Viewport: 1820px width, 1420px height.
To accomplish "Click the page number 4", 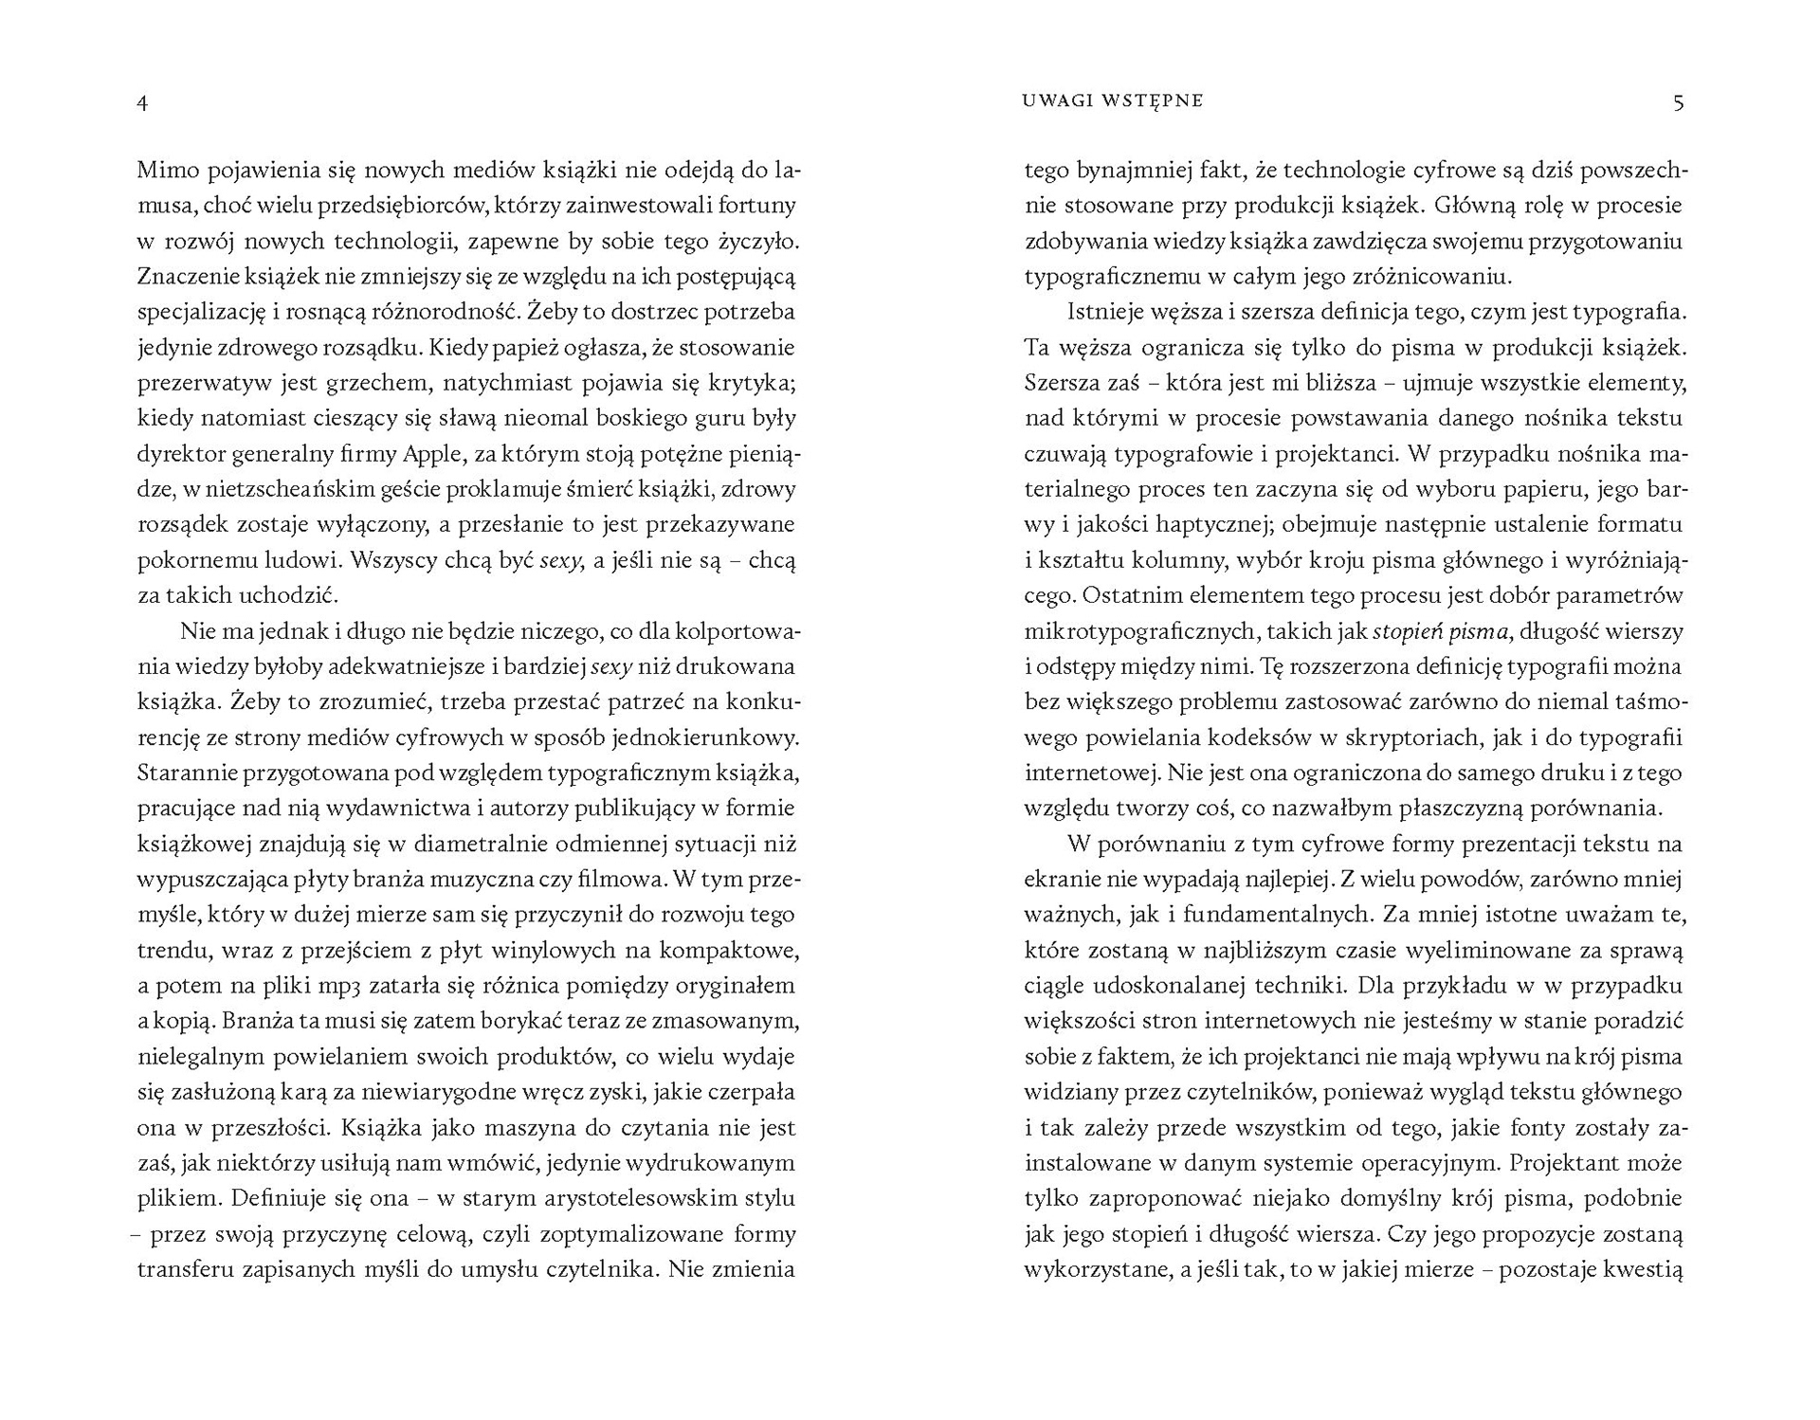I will point(142,102).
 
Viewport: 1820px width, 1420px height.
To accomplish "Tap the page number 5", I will point(1678,102).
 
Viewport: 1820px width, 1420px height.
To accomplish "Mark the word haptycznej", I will point(1200,525).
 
